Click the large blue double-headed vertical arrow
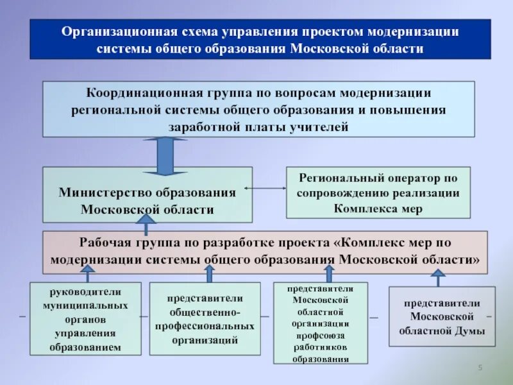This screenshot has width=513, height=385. click(x=165, y=156)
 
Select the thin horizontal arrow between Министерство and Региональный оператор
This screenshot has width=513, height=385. click(x=265, y=188)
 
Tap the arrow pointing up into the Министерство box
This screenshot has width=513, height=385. click(x=146, y=225)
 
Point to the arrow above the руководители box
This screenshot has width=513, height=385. click(x=85, y=275)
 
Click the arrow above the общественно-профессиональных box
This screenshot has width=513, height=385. click(x=209, y=274)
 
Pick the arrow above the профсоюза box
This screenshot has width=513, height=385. click(x=328, y=274)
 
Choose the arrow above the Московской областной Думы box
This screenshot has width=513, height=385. click(x=438, y=278)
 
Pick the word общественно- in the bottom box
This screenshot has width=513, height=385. click(x=205, y=312)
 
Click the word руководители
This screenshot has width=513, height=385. click(x=85, y=292)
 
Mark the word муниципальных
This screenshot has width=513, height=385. click(x=85, y=305)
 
